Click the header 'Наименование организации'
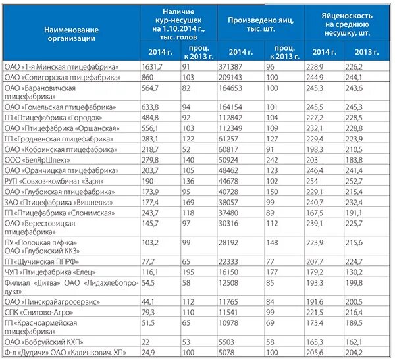point(72,34)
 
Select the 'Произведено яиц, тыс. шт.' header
point(261,24)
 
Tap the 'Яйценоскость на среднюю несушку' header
point(347,24)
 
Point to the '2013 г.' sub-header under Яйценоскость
point(367,52)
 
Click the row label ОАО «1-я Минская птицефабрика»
point(61,67)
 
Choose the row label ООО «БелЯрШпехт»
point(37,160)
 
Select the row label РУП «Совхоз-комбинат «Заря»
point(54,182)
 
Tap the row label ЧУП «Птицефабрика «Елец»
point(50,272)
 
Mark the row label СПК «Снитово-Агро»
point(39,313)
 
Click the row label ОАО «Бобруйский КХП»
point(43,342)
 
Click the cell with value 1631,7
point(152,67)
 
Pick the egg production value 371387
point(230,67)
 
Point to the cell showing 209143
point(230,78)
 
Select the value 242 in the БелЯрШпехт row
point(272,160)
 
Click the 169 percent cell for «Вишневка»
point(188,203)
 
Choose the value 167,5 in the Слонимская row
point(315,213)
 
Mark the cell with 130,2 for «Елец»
point(354,272)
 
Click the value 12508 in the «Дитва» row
point(228,283)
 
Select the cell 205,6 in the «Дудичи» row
point(315,353)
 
